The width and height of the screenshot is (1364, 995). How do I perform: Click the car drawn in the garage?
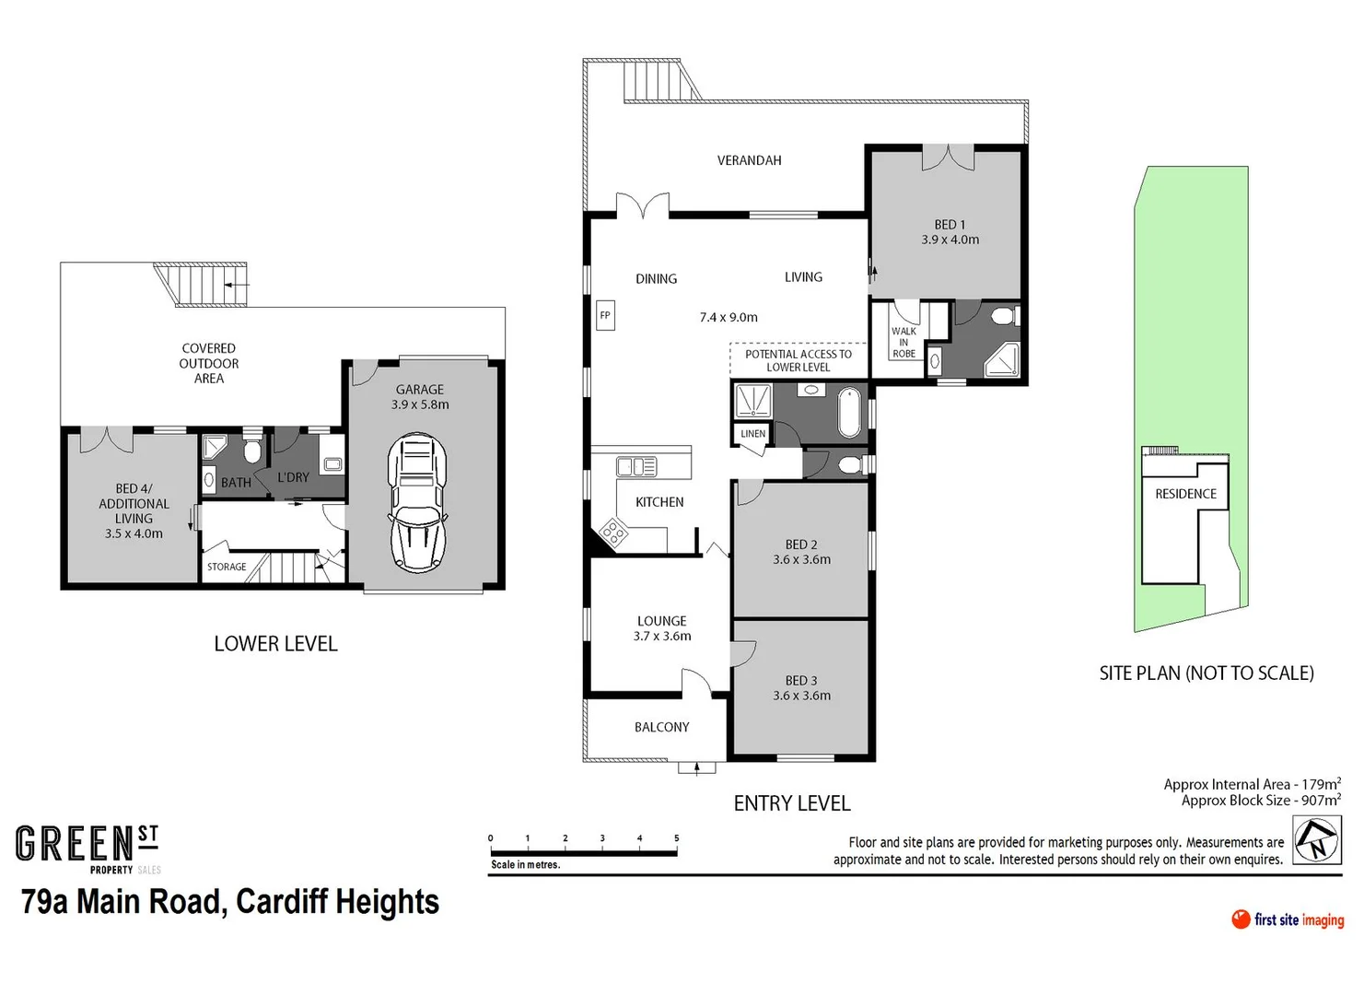click(x=417, y=504)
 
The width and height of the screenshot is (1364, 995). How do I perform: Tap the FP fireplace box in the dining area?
click(x=605, y=315)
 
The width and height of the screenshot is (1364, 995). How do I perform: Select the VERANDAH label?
click(x=749, y=160)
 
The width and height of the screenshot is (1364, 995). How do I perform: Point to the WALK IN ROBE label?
click(x=904, y=342)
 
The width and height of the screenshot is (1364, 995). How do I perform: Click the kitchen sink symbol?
click(x=636, y=466)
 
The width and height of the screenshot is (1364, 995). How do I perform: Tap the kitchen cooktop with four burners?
click(x=613, y=533)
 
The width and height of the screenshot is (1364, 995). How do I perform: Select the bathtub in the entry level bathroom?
click(x=849, y=412)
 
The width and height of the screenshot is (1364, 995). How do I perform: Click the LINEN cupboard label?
click(x=752, y=433)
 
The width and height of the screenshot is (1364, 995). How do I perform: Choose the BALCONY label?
click(x=661, y=727)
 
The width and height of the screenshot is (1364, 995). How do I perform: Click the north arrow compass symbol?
click(x=1316, y=840)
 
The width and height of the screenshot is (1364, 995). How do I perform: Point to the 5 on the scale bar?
click(x=676, y=838)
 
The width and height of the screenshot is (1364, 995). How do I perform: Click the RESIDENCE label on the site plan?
click(x=1185, y=494)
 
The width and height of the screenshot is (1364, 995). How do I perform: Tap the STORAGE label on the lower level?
click(x=227, y=567)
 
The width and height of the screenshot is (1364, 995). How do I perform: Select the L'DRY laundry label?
click(x=293, y=477)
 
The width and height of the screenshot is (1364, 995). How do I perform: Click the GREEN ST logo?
click(x=87, y=846)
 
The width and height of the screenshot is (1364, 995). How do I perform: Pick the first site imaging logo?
click(x=1287, y=919)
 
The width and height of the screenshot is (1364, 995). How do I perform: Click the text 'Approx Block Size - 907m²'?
click(x=1260, y=801)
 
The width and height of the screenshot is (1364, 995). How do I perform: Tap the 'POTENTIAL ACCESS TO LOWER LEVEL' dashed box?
click(x=799, y=360)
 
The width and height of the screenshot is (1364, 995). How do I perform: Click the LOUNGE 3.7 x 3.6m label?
click(x=661, y=628)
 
